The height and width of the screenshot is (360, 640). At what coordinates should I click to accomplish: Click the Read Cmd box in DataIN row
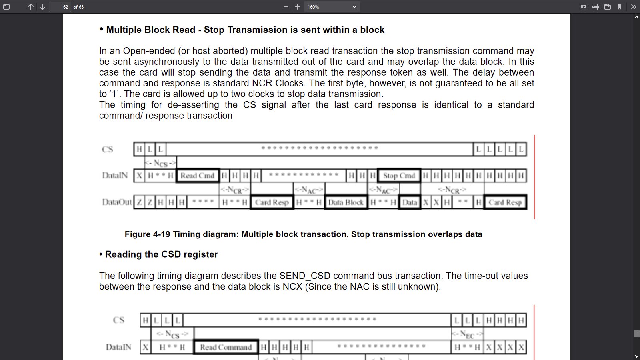click(x=198, y=176)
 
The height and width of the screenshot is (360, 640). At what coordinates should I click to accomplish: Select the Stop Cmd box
click(x=399, y=176)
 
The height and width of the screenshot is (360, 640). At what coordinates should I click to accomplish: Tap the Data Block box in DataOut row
click(x=346, y=202)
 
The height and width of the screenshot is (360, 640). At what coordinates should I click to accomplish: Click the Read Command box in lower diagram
click(x=226, y=347)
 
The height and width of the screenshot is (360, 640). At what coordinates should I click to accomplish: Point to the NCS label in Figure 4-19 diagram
click(x=160, y=163)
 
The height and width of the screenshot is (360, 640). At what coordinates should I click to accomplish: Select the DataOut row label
click(x=117, y=202)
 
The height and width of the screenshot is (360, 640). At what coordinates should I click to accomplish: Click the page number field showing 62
click(x=60, y=7)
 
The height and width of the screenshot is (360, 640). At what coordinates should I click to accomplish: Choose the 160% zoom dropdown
click(x=332, y=7)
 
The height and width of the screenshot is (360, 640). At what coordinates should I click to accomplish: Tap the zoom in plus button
click(x=298, y=7)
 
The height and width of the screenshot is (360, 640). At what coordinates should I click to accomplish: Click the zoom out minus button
click(x=286, y=7)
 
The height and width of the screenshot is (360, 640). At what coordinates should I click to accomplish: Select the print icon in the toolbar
click(x=596, y=7)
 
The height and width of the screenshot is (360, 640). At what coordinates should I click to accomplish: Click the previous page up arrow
click(x=30, y=7)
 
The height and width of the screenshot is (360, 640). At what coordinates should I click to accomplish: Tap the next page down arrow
click(x=42, y=7)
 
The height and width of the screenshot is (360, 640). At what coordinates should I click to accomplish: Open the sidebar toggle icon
click(x=6, y=7)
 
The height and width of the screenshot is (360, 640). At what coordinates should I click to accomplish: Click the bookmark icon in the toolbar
click(x=620, y=7)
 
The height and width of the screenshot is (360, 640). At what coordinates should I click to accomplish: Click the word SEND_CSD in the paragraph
click(x=304, y=276)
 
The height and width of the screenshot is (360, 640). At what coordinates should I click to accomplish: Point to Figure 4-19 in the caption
click(x=148, y=234)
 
